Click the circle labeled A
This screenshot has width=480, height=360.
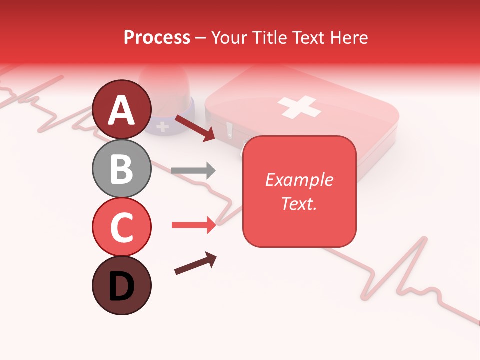(121, 109)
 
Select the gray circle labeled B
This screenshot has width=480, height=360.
(121, 168)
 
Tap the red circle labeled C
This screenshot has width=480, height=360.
(121, 226)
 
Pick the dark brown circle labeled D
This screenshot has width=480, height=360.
(121, 285)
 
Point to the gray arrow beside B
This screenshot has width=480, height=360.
(193, 171)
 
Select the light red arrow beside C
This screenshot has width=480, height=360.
(193, 225)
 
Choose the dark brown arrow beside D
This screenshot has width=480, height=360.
(195, 263)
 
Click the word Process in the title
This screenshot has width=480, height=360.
(157, 37)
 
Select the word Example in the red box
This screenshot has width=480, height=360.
(299, 180)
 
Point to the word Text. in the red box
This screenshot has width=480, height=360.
(299, 203)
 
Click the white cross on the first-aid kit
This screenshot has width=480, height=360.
(299, 107)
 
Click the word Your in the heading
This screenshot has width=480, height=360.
(229, 37)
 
